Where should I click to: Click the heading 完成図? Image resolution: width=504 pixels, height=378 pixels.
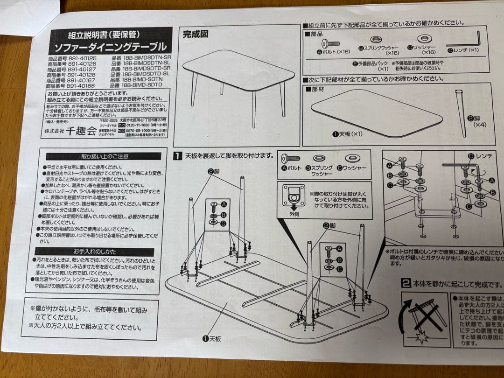click(x=195, y=35)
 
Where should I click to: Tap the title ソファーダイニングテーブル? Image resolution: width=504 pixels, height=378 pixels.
click(x=110, y=47)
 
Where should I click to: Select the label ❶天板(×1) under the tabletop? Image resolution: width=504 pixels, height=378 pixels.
click(x=347, y=134)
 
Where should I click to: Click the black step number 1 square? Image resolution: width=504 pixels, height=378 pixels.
click(x=178, y=156)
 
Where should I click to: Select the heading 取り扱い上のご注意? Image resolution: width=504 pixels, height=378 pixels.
click(x=105, y=156)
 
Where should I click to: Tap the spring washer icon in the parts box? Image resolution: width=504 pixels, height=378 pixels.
click(x=376, y=40)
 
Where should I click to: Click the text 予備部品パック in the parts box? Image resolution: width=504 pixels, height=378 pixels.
click(x=371, y=63)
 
